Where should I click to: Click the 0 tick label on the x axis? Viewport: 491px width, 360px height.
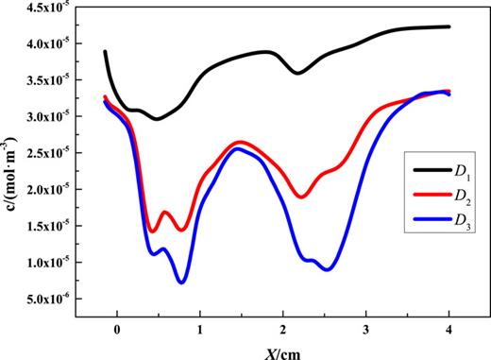coord(117,329)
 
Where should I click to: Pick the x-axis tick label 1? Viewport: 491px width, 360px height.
coord(200,329)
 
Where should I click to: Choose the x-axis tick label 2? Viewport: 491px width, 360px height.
coord(283,329)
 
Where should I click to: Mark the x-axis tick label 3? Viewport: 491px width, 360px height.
coord(365,329)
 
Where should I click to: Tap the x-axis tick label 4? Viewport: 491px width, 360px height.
coord(449,329)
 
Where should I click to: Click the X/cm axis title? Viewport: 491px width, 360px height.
coord(282,350)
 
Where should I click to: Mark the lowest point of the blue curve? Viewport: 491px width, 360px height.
coord(181,282)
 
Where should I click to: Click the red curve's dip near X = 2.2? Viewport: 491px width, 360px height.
coord(301,197)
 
